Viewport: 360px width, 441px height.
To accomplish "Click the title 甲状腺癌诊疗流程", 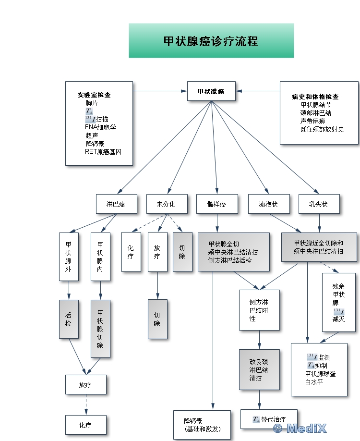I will [x=211, y=41].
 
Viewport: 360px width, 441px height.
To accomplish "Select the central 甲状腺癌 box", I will [x=211, y=91].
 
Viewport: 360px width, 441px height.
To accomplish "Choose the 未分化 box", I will [x=166, y=204].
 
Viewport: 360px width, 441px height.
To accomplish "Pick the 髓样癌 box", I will [x=216, y=204].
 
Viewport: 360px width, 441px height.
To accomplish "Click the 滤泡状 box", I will [x=269, y=204].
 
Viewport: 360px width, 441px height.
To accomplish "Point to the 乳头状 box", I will [x=319, y=204].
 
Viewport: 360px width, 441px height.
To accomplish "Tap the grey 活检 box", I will [x=69, y=319].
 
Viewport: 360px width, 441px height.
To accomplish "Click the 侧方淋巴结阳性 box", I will [x=259, y=310].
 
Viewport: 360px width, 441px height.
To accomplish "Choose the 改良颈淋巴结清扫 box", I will [x=259, y=369].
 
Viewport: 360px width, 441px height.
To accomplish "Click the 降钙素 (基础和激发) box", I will [x=198, y=425].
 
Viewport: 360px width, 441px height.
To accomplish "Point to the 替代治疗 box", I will [x=269, y=419].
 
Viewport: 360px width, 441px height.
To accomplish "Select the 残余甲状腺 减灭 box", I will [x=339, y=303].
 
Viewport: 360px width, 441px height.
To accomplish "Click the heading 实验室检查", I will [x=94, y=95].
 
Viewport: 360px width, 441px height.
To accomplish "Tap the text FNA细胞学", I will [x=101, y=127].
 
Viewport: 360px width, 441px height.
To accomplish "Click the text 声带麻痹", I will [x=312, y=121].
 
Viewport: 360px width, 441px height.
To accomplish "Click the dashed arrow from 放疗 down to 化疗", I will [x=86, y=404].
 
